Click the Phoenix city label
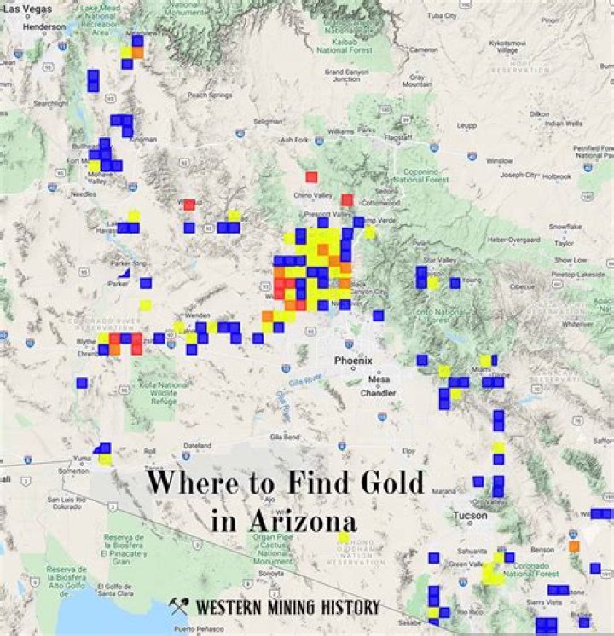353,361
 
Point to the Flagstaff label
397,137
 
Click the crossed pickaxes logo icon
179,606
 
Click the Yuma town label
84,457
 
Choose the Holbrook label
558,176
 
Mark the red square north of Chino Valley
311,176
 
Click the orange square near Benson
574,546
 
